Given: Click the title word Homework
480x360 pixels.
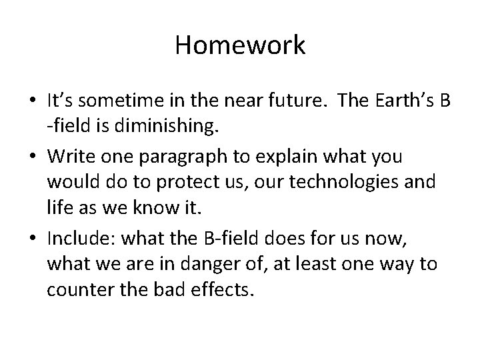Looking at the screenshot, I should click(240, 45).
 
